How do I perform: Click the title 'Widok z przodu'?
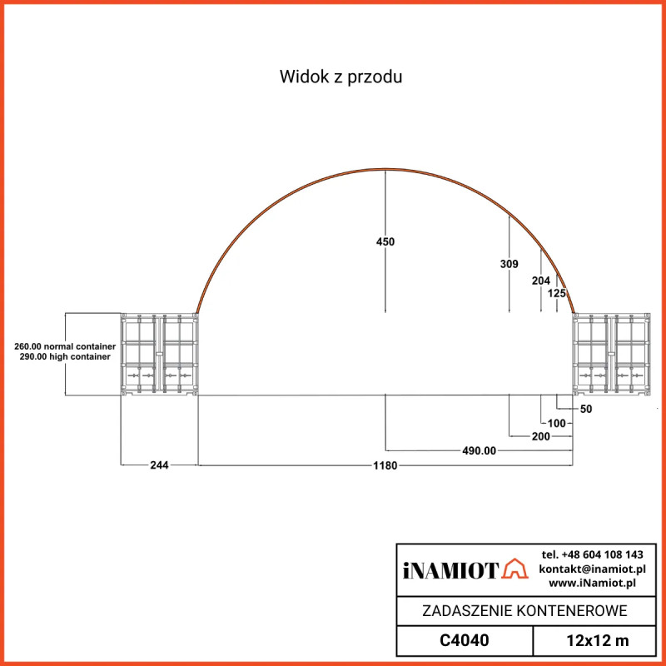pyautogui.click(x=341, y=77)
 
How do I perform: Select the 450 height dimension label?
pyautogui.click(x=385, y=241)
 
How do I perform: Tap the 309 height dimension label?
pyautogui.click(x=509, y=264)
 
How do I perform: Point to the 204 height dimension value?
pyautogui.click(x=541, y=281)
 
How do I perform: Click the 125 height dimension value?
pyautogui.click(x=557, y=293)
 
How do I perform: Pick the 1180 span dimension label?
pyautogui.click(x=385, y=465)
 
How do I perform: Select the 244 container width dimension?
pyautogui.click(x=159, y=465)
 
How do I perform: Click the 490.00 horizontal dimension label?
pyautogui.click(x=479, y=450)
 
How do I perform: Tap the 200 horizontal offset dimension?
pyautogui.click(x=540, y=436)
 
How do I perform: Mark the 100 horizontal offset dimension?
pyautogui.click(x=557, y=423)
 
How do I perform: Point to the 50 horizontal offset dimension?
pyautogui.click(x=586, y=409)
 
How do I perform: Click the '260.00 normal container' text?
pyautogui.click(x=65, y=345)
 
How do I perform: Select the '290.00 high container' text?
pyautogui.click(x=65, y=356)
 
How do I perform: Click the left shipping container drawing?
pyautogui.click(x=159, y=354)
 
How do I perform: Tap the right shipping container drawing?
pyautogui.click(x=611, y=354)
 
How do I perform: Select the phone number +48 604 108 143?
pyautogui.click(x=592, y=554)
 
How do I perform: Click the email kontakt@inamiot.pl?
pyautogui.click(x=592, y=569)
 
